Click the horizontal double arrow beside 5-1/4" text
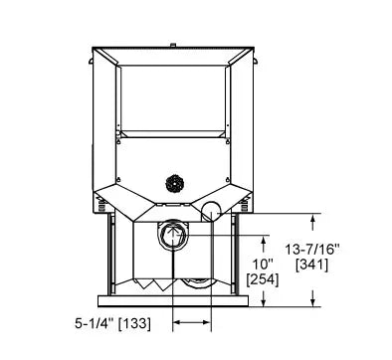pos(191,322)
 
